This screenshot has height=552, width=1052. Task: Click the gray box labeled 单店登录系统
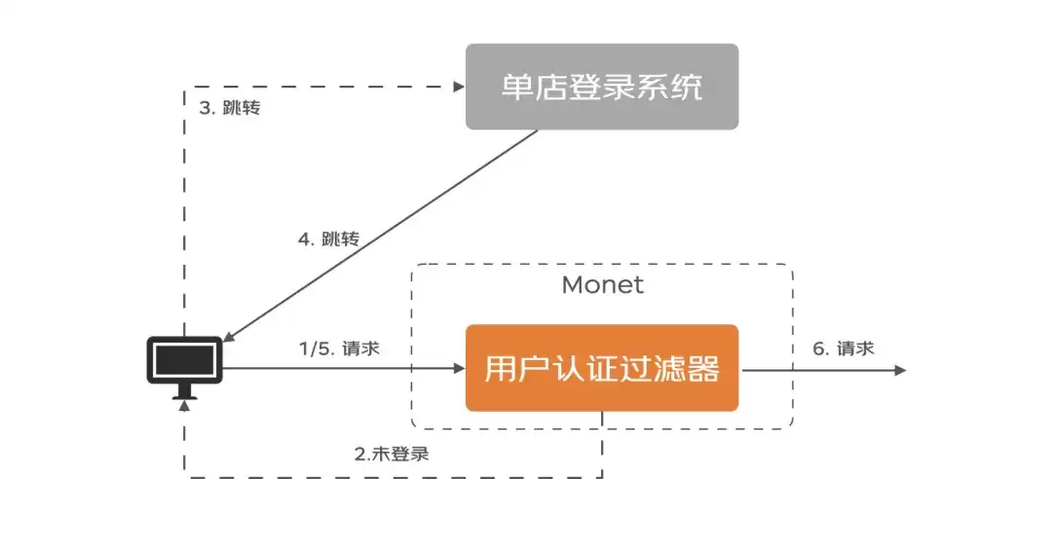[x=602, y=87]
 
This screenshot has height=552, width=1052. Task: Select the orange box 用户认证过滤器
[x=602, y=368]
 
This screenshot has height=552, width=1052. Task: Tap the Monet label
[x=603, y=285]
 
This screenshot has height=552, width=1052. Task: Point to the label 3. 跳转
[x=230, y=107]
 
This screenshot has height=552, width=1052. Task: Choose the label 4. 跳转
[x=329, y=239]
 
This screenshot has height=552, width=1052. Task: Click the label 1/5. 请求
[x=340, y=349]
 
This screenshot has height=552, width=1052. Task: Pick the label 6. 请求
[x=844, y=349]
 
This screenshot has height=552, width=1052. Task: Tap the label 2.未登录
[x=392, y=454]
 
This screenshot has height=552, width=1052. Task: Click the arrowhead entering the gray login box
[x=460, y=87]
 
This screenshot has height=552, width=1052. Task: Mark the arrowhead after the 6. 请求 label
[x=900, y=370]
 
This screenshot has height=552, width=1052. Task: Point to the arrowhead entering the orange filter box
[x=460, y=368]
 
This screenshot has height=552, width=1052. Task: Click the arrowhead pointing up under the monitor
[x=184, y=405]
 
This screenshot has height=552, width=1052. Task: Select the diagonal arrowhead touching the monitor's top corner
[x=228, y=337]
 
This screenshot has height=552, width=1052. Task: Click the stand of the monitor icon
[x=184, y=391]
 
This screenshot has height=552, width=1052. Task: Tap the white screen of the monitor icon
[x=184, y=360]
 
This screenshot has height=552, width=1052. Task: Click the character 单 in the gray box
[x=517, y=87]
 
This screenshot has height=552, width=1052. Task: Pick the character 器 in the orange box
[x=703, y=369]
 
